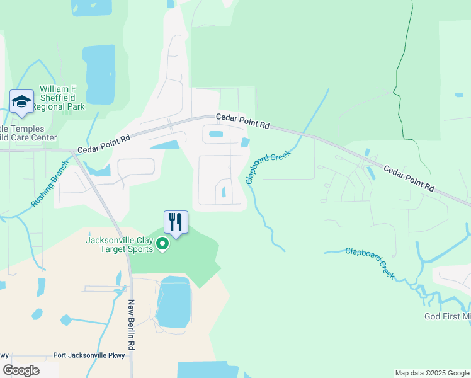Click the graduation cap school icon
click(22, 101)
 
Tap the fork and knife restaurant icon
click(176, 222)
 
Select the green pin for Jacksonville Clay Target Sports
click(162, 244)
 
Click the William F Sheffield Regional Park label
click(61, 98)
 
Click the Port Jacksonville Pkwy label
click(94, 355)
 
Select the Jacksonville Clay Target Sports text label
click(119, 244)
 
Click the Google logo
click(21, 370)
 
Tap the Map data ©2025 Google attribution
click(431, 373)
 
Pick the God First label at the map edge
click(447, 316)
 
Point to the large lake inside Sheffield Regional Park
click(100, 74)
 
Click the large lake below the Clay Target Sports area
click(173, 301)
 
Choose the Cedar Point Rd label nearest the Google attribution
click(409, 178)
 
